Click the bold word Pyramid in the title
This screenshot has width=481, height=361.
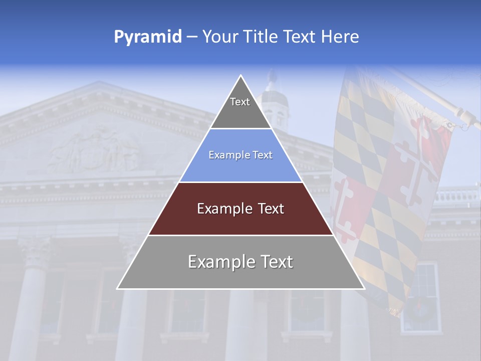tap(148, 37)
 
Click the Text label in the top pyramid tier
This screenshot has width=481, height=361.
tap(240, 102)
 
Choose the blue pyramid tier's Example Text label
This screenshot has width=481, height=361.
tap(241, 155)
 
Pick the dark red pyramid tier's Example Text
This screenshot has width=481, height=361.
tap(241, 209)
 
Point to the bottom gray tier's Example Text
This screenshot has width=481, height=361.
tap(241, 262)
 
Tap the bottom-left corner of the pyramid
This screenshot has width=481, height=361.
tap(118, 288)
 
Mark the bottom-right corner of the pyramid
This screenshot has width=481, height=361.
tap(364, 288)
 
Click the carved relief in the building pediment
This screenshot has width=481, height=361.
tap(95, 148)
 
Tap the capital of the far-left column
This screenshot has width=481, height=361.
tap(35, 251)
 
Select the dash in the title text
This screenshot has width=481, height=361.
tap(191, 37)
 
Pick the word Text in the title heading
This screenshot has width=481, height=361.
tap(300, 37)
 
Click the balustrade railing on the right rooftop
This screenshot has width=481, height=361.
tap(456, 197)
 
